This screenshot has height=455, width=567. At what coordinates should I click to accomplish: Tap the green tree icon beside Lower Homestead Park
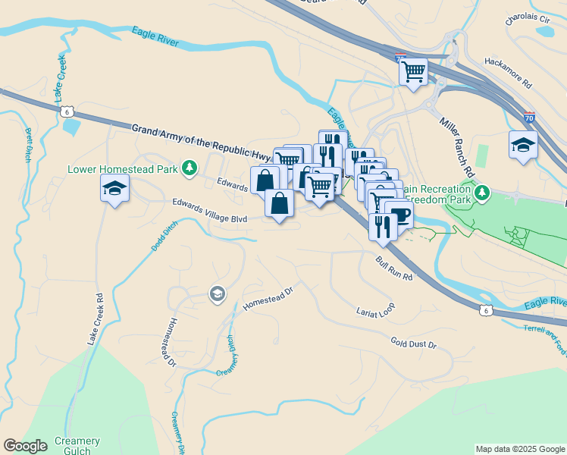click(x=193, y=168)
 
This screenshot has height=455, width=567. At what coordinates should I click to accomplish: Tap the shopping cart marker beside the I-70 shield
click(x=414, y=72)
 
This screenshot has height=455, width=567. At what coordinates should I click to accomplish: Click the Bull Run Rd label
click(x=393, y=268)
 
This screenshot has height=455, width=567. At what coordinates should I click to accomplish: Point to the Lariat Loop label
click(x=375, y=311)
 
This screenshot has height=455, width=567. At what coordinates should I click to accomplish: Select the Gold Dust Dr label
click(x=414, y=344)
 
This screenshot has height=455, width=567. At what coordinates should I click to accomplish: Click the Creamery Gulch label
click(x=77, y=446)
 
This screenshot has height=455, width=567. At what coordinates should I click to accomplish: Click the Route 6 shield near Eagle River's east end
click(x=485, y=309)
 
